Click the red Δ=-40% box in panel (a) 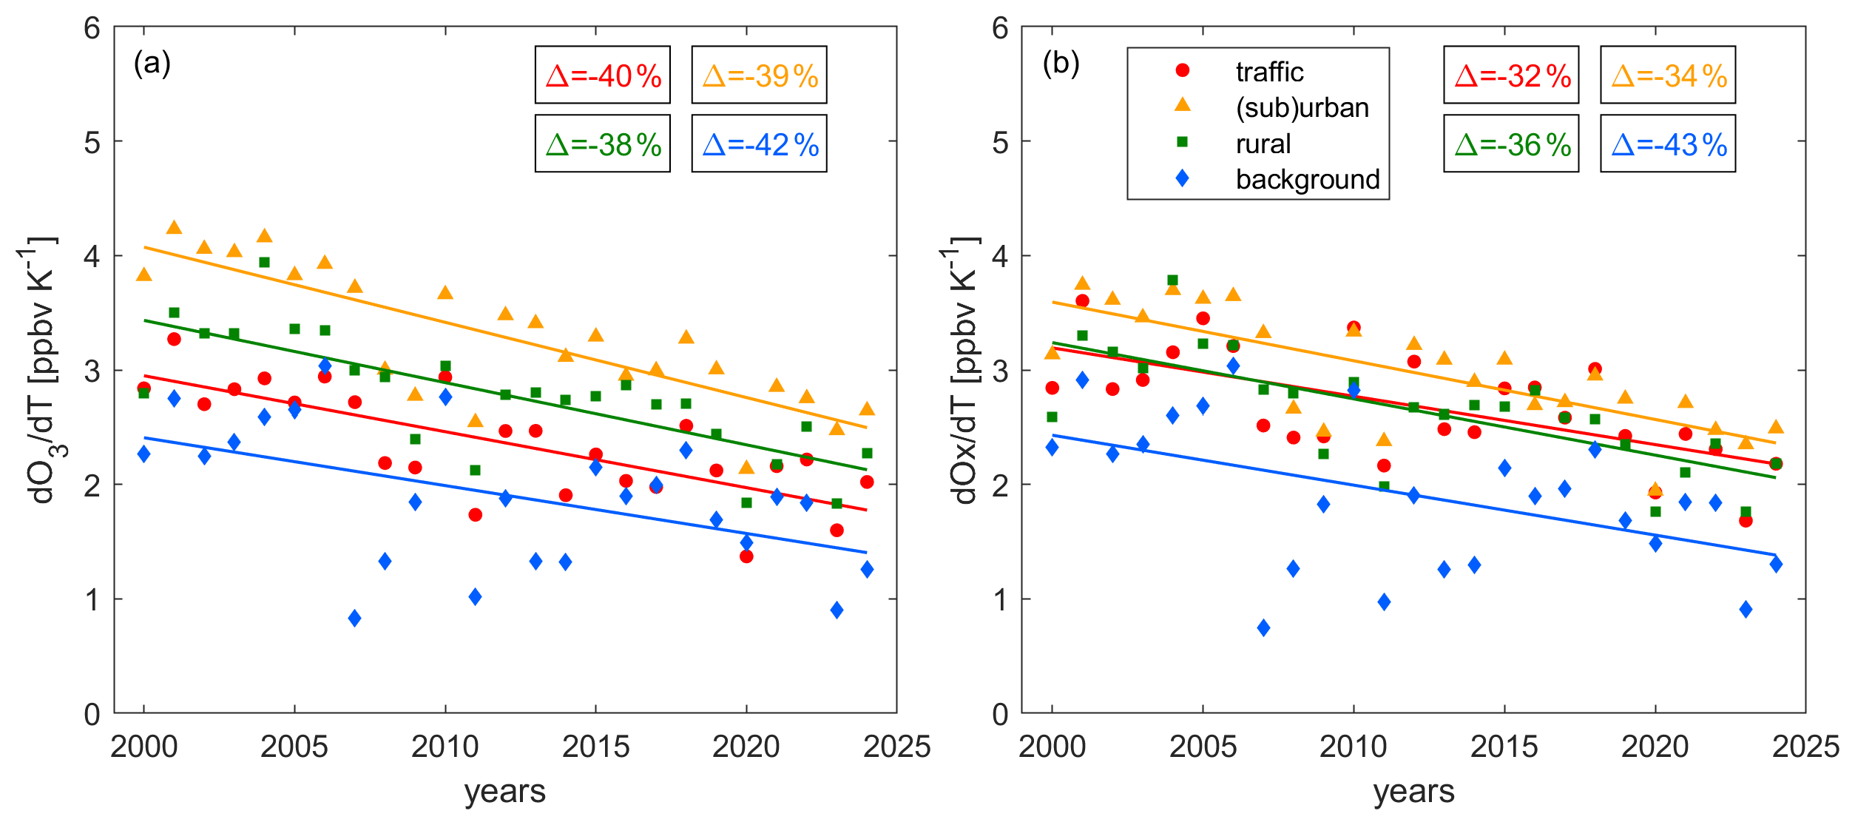point(602,75)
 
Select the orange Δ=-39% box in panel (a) point(759,75)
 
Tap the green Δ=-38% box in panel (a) point(602,144)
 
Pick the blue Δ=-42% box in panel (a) point(759,144)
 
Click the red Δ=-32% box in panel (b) point(1511,75)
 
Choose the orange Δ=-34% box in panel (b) point(1668,75)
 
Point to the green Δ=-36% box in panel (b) point(1511,144)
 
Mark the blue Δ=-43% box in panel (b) point(1668,144)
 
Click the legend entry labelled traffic point(1268,72)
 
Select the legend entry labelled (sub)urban point(1302,108)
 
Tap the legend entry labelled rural point(1263,144)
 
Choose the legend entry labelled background point(1307,179)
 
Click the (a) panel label point(152,64)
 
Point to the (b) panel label point(1061,64)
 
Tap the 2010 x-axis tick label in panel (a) point(445,747)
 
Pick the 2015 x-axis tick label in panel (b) point(1504,747)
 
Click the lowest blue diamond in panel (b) point(1263,627)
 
